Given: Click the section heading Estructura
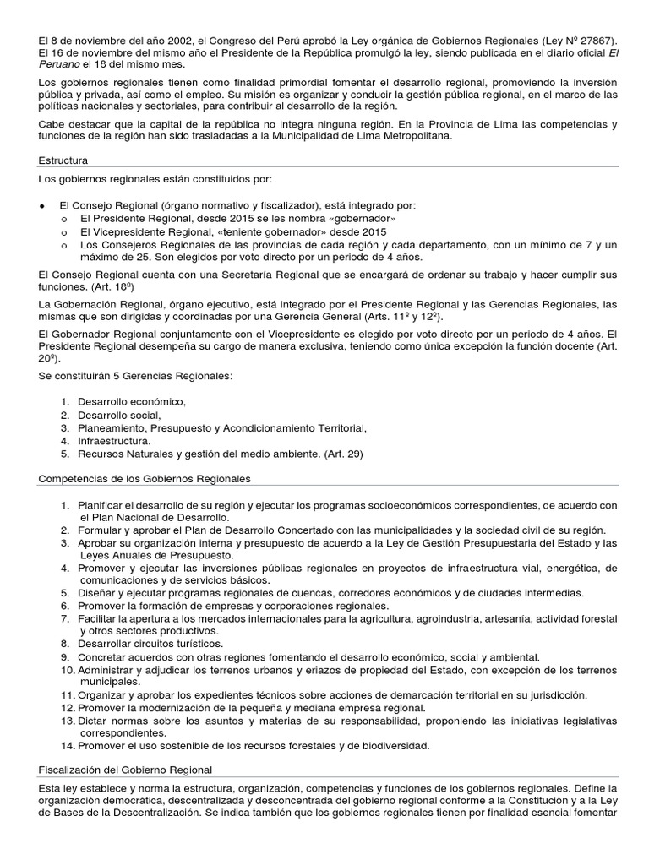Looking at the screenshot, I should pos(63,160).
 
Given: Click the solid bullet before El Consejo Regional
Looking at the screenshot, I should pos(42,206).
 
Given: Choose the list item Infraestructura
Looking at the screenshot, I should pos(115,441).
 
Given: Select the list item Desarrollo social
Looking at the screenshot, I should pos(119,416).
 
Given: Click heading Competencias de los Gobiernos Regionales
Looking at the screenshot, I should pos(145,479).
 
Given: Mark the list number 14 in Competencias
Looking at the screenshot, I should pos(66,745).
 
